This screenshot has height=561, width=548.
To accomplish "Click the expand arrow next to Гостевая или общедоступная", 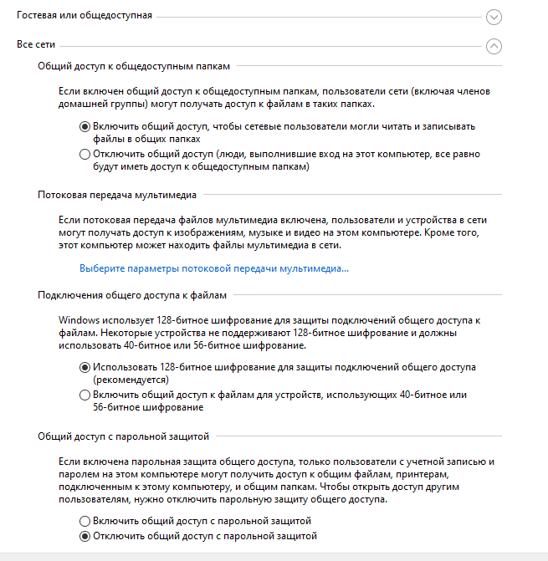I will [x=494, y=17].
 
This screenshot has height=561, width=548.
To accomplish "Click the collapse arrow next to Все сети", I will [x=494, y=46].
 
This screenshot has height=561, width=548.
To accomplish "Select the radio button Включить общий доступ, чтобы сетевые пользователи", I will [x=85, y=126].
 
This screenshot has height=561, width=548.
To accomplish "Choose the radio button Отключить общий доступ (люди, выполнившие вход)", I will [x=85, y=154].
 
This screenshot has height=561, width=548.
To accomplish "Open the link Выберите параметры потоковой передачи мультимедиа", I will [x=213, y=268].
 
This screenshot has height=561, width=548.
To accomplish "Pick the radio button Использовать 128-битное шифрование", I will [x=85, y=367].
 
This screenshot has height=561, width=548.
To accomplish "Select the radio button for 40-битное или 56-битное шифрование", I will [x=85, y=395].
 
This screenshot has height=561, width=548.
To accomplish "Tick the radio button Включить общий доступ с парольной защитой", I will [x=85, y=521].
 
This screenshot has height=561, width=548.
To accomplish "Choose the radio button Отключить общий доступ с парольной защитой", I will [x=85, y=535].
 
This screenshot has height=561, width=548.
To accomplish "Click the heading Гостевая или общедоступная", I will [x=85, y=15].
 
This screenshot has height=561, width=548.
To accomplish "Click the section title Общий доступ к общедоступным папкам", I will [x=133, y=64].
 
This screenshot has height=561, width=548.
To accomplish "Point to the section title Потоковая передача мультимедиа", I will [x=117, y=195].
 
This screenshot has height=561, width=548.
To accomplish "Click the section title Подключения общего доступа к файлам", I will [x=132, y=294].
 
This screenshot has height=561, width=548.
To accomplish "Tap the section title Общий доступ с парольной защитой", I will [x=123, y=436].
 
